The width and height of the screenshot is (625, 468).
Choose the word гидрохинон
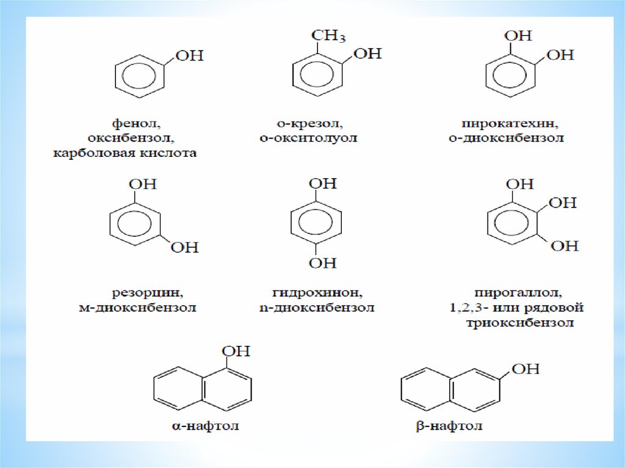coord(315,292)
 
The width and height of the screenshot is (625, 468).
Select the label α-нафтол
coord(205,426)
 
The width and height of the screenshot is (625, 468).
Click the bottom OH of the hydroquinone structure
coord(323,262)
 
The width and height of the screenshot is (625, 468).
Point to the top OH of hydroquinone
coord(323,184)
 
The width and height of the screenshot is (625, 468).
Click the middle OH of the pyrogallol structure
coord(563,203)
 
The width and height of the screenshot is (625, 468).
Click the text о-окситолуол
coord(308,138)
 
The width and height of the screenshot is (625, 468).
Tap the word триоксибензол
coord(517,323)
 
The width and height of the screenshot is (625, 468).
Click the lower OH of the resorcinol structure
coord(185,247)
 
